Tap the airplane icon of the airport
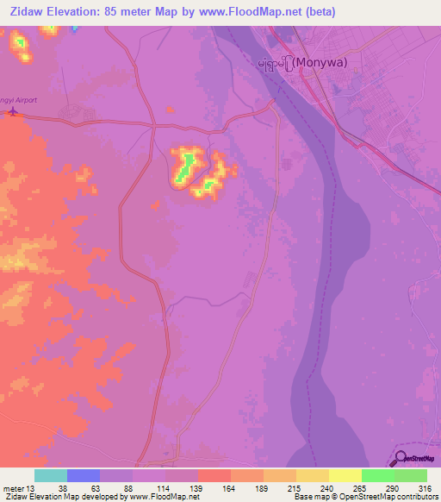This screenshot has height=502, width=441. click(11, 112)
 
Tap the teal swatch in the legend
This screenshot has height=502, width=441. click(51, 475)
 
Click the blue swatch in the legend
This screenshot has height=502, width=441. click(84, 475)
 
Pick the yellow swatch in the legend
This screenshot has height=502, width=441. click(345, 475)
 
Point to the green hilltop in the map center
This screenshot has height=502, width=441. click(183, 168)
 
